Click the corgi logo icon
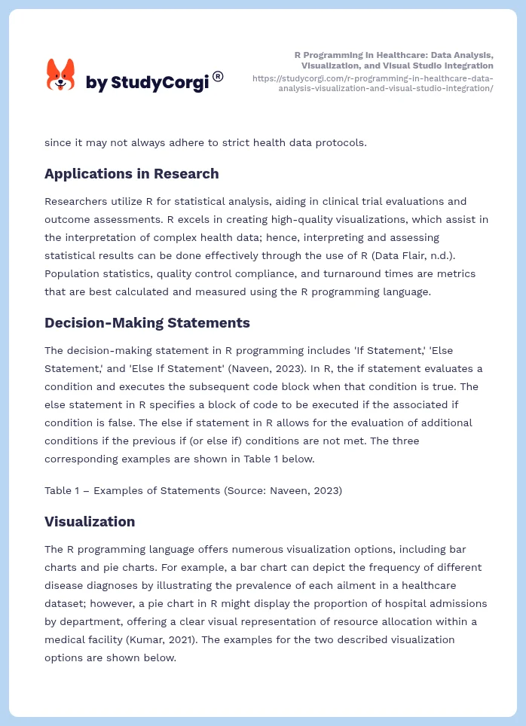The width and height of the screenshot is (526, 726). tap(61, 75)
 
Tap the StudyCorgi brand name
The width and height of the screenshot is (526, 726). tap(147, 82)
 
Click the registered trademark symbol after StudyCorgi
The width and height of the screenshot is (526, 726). tap(218, 76)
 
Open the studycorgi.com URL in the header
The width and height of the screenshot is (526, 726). tap(373, 83)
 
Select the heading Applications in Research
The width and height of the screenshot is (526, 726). tap(131, 174)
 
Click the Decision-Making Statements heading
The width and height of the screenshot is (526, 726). tap(147, 322)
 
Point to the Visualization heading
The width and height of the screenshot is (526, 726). tap(90, 521)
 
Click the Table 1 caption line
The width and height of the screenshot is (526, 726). tap(193, 490)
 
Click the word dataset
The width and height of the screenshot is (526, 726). tap(67, 603)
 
